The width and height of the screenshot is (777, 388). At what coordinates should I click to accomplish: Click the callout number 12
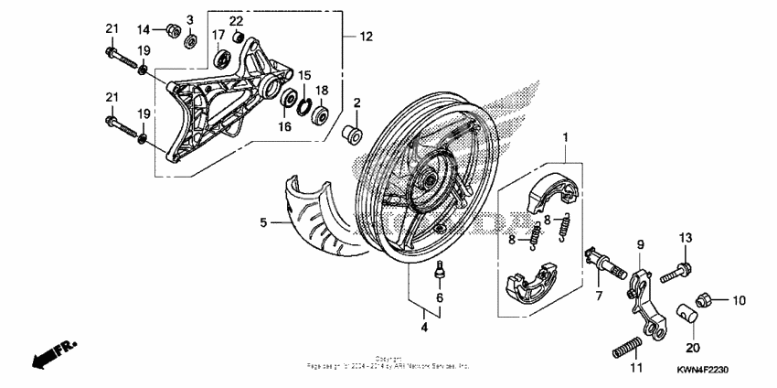(x=366, y=38)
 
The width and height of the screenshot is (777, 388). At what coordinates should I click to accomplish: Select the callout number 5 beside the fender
(x=263, y=221)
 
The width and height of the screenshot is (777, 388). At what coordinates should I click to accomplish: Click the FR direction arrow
(x=53, y=353)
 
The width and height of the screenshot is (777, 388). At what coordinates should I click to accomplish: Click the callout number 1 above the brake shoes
(x=566, y=138)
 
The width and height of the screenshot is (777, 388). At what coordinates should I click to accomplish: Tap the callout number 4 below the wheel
(x=424, y=327)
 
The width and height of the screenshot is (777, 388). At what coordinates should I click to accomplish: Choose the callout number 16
(x=284, y=125)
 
